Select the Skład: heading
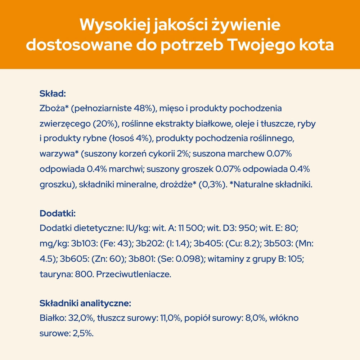[53, 94]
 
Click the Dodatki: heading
[57, 213]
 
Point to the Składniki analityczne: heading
[85, 303]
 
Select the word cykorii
[161, 154]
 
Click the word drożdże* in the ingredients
[179, 184]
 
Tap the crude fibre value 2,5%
[83, 333]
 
